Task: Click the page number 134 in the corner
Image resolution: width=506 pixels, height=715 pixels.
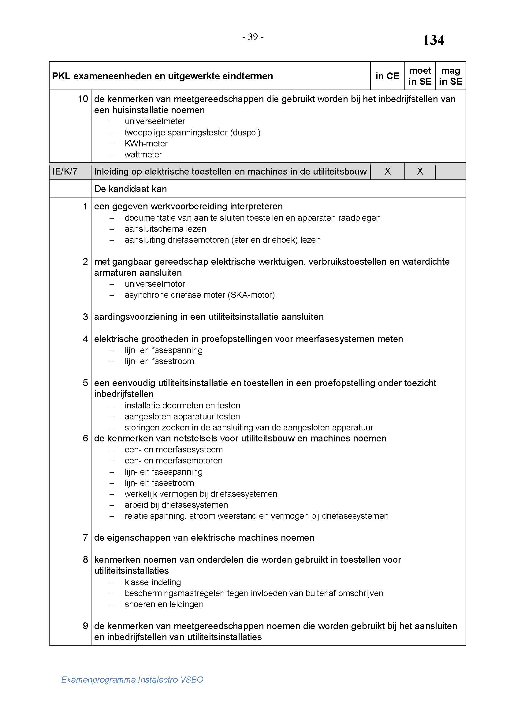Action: pyautogui.click(x=433, y=40)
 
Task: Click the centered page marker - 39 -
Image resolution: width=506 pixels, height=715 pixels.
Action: pyautogui.click(x=253, y=37)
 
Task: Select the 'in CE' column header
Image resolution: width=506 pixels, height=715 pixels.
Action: pyautogui.click(x=387, y=76)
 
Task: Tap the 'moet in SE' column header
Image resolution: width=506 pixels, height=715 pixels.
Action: pyautogui.click(x=420, y=76)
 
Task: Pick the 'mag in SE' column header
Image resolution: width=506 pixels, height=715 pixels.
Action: pyautogui.click(x=450, y=76)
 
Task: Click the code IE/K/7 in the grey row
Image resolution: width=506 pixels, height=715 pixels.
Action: pyautogui.click(x=65, y=171)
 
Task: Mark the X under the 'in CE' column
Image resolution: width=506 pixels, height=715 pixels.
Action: pyautogui.click(x=387, y=171)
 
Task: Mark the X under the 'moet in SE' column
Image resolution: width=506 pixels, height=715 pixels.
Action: pyautogui.click(x=420, y=171)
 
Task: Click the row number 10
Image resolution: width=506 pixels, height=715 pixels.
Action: pyautogui.click(x=83, y=99)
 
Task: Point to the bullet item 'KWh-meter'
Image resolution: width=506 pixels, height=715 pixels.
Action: pyautogui.click(x=146, y=144)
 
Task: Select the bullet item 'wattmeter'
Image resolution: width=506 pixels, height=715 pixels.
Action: pyautogui.click(x=143, y=155)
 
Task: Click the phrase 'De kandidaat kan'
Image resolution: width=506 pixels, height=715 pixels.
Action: pyautogui.click(x=130, y=189)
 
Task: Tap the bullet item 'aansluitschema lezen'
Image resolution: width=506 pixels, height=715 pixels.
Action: pyautogui.click(x=165, y=229)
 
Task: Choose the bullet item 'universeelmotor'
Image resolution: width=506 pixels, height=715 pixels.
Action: pyautogui.click(x=154, y=284)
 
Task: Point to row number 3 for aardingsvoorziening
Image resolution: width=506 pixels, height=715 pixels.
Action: pyautogui.click(x=85, y=317)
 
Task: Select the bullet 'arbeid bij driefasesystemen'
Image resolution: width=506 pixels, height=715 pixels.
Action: pyautogui.click(x=176, y=505)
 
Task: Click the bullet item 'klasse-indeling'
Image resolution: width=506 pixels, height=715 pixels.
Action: pyautogui.click(x=153, y=582)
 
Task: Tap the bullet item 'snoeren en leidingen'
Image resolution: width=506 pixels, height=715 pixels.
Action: pyautogui.click(x=164, y=604)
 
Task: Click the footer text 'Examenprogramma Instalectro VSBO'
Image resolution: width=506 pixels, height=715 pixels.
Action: pyautogui.click(x=132, y=680)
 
